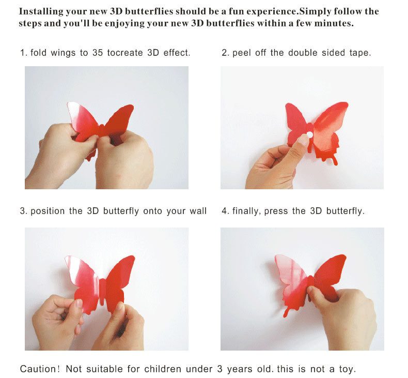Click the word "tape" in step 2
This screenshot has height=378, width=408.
click(359, 53)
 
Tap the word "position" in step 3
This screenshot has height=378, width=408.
click(49, 211)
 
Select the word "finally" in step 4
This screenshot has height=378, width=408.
click(246, 211)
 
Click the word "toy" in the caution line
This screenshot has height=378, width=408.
click(348, 369)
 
